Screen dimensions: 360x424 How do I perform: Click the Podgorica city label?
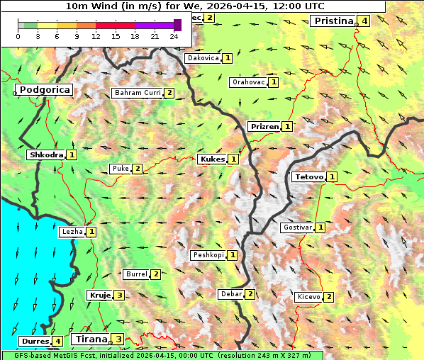(x=44, y=90)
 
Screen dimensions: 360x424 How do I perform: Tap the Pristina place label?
(x=333, y=21)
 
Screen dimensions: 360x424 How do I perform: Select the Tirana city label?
(x=90, y=339)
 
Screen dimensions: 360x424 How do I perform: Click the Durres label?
(x=34, y=342)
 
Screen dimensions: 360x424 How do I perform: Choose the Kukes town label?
(x=212, y=159)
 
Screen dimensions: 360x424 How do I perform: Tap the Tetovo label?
(x=309, y=176)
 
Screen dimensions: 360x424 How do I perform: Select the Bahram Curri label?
(x=138, y=93)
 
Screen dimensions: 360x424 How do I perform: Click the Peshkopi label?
(x=208, y=255)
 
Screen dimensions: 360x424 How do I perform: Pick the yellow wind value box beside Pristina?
(x=364, y=21)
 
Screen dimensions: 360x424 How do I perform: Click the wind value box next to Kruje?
(x=120, y=296)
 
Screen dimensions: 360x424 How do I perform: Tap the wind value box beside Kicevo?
(x=328, y=297)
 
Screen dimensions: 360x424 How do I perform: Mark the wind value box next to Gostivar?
(x=320, y=227)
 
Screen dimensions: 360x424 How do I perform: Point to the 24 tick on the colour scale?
(x=174, y=37)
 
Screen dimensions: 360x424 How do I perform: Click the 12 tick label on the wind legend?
(x=96, y=37)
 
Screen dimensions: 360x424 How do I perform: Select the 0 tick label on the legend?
(x=18, y=37)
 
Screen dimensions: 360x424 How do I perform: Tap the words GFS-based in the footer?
(x=29, y=355)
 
